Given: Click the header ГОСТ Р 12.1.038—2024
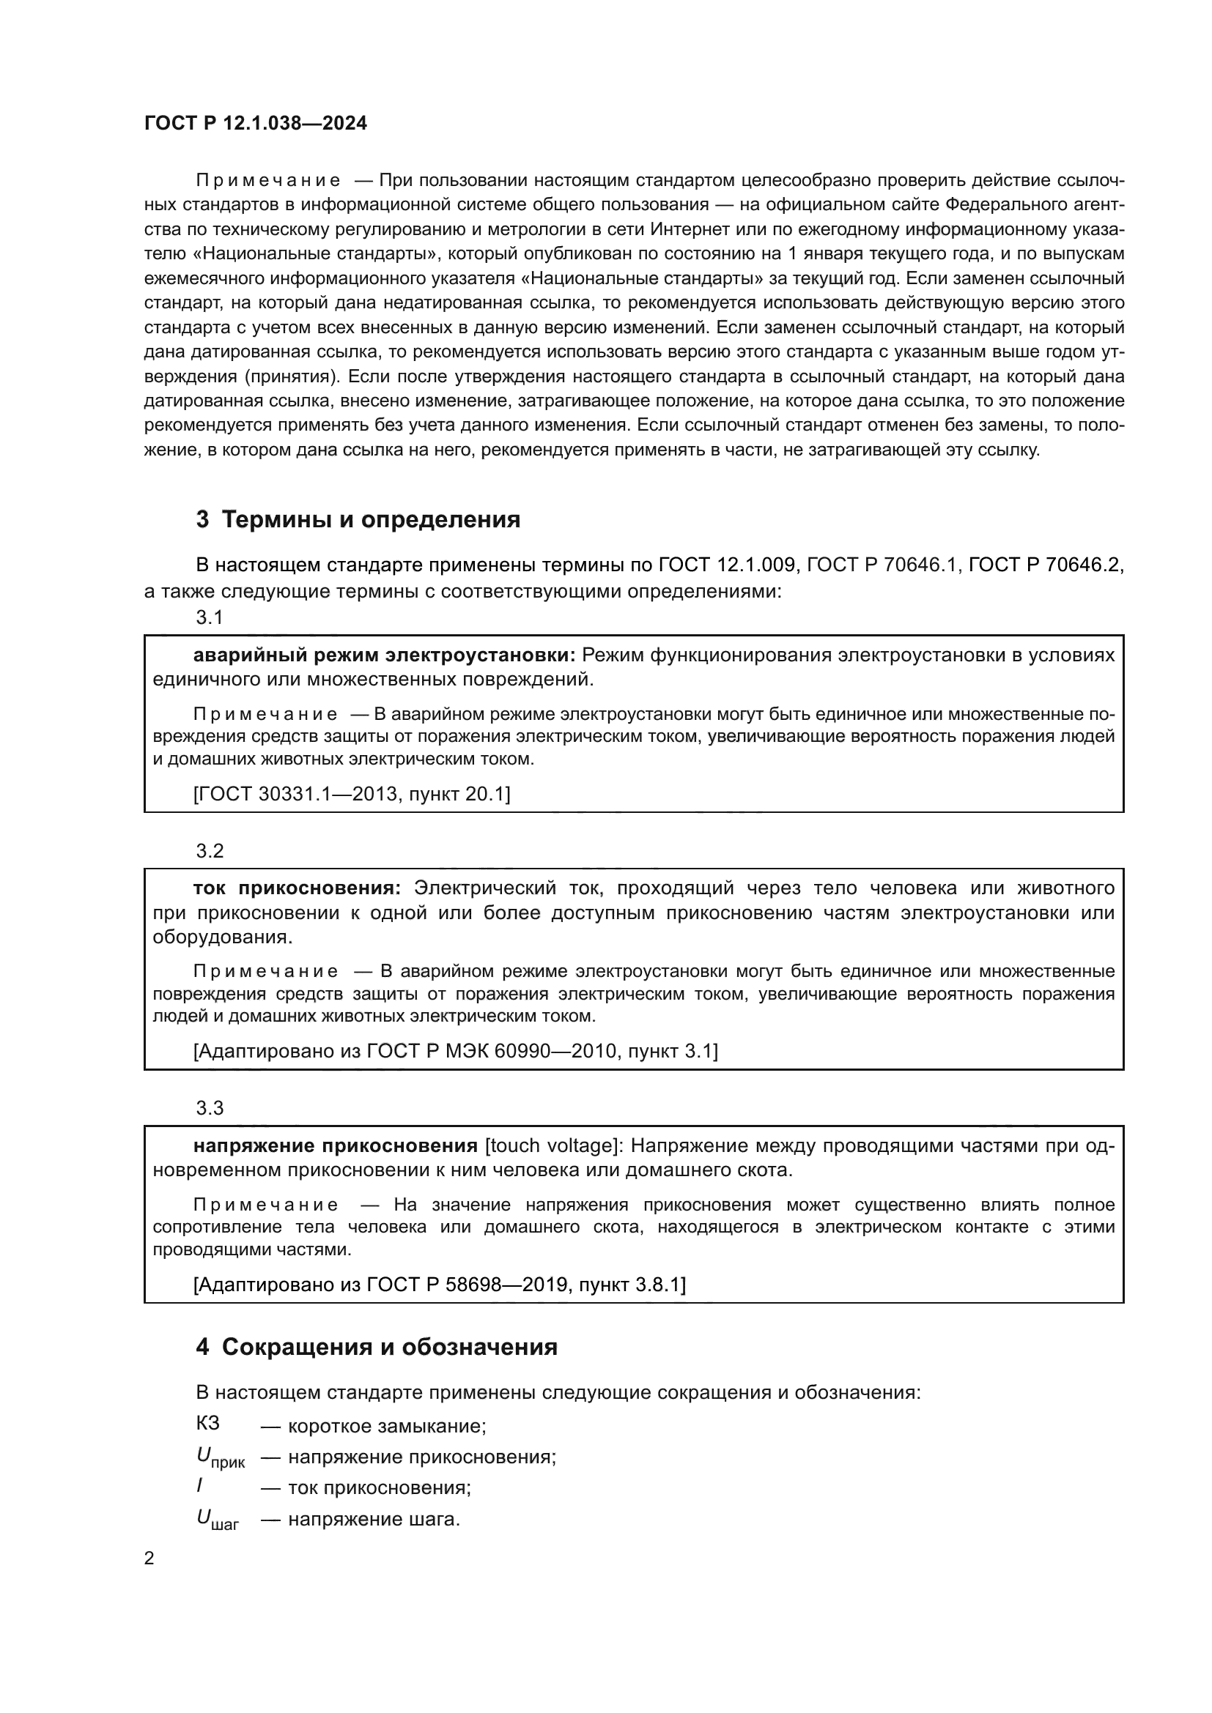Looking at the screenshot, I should coord(255,123).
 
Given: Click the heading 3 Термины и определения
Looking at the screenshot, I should coord(358,519).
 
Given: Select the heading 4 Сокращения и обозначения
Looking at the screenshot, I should coord(376,1347).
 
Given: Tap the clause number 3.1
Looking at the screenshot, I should coord(210,618).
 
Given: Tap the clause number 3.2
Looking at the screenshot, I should coord(210,851).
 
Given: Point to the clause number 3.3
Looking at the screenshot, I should coord(210,1108).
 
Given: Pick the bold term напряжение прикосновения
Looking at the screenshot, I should coord(335,1145).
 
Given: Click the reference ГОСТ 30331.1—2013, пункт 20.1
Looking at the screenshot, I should coord(352,794).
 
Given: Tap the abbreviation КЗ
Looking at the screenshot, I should coord(208,1423).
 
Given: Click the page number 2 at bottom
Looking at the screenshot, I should coord(149,1558).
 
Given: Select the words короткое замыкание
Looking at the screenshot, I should coord(387,1426).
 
